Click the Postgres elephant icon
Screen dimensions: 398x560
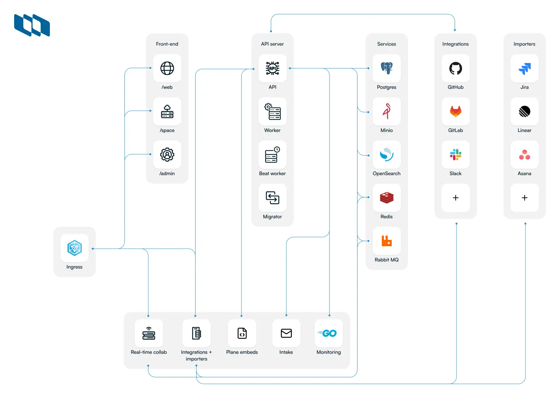pyautogui.click(x=386, y=68)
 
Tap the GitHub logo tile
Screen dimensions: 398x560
pyautogui.click(x=455, y=68)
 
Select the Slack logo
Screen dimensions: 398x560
pyautogui.click(x=455, y=155)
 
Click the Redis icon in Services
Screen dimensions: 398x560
pyautogui.click(x=386, y=198)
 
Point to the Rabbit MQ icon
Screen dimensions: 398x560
pyautogui.click(x=386, y=241)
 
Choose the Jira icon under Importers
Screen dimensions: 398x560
pyautogui.click(x=524, y=68)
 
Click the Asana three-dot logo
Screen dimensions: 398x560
pyautogui.click(x=524, y=155)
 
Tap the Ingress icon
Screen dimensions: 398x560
pyautogui.click(x=75, y=248)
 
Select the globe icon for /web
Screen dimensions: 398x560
pyautogui.click(x=167, y=68)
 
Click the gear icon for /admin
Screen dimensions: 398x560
pyautogui.click(x=167, y=155)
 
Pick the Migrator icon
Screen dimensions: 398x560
pyautogui.click(x=272, y=198)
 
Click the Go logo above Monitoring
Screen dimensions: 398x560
pyautogui.click(x=329, y=333)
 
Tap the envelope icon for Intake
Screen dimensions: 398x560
pyautogui.click(x=286, y=333)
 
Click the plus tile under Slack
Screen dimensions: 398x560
pyautogui.click(x=455, y=198)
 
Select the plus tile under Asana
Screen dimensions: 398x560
pyautogui.click(x=524, y=198)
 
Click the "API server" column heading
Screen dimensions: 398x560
pyautogui.click(x=272, y=44)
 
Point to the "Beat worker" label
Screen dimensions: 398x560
pyautogui.click(x=272, y=173)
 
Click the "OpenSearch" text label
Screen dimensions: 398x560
pyautogui.click(x=386, y=173)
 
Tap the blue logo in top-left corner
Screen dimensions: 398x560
pyautogui.click(x=32, y=25)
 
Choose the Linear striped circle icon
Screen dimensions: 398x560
pyautogui.click(x=524, y=111)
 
